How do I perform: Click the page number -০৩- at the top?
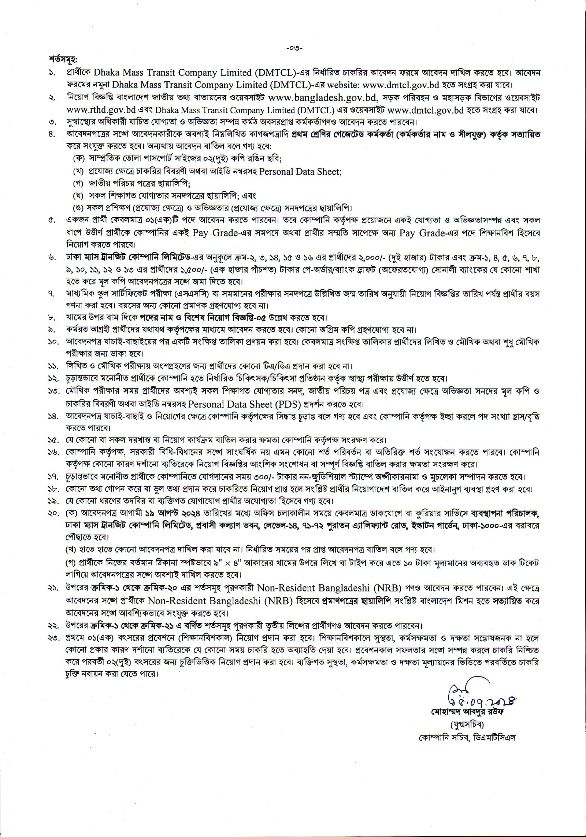click(293, 48)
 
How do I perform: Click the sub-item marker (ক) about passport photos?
click(78, 159)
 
